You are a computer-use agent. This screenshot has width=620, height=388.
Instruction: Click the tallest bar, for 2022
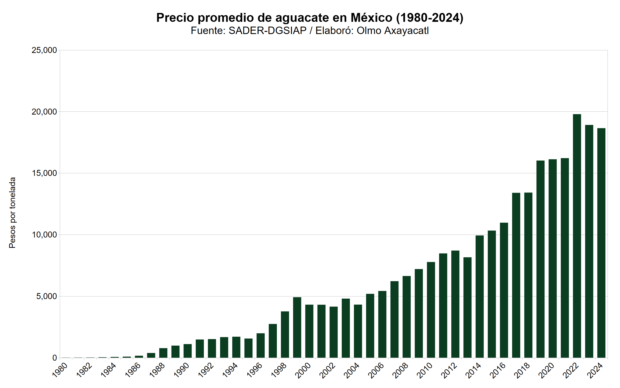(x=577, y=236)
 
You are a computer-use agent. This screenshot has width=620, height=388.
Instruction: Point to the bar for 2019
(x=540, y=259)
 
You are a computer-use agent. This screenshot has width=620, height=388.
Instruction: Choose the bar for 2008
(x=407, y=317)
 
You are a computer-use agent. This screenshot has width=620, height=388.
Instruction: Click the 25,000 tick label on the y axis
(x=44, y=50)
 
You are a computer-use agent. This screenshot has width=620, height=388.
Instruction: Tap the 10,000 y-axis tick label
(x=44, y=235)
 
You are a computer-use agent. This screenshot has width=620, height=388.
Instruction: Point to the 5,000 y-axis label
(x=46, y=296)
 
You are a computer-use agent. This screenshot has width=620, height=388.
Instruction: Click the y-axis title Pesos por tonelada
(x=12, y=213)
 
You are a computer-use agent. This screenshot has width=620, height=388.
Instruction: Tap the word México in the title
(x=371, y=18)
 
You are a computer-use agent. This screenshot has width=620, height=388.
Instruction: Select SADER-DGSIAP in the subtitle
(x=267, y=31)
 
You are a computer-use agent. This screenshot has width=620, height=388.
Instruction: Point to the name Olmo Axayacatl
(x=392, y=31)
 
